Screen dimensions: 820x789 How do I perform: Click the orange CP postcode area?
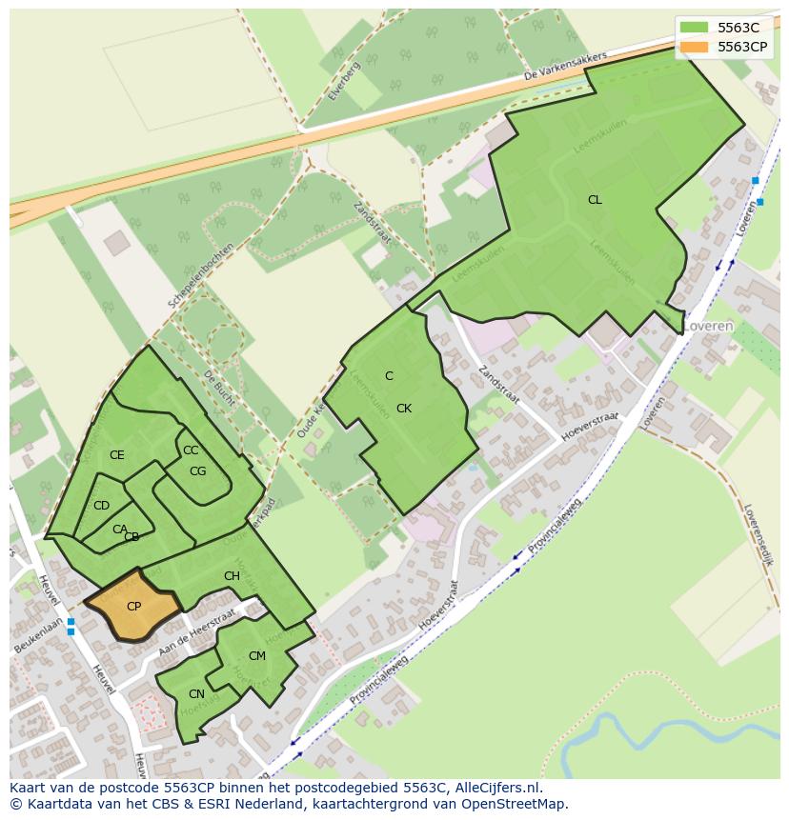133,607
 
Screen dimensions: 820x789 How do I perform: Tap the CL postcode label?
595,200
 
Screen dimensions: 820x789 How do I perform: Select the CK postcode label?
404,409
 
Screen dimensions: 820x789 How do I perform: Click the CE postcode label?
117,455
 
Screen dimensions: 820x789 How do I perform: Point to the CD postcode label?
101,506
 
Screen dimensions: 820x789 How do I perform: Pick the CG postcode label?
198,471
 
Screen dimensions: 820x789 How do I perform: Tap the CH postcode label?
232,576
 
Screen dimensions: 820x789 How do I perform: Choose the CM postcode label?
257,656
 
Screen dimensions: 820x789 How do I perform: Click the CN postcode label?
196,694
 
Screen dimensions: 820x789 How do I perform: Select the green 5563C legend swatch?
695,27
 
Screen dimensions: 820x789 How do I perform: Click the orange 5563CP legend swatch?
695,46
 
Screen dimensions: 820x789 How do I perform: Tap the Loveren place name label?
707,326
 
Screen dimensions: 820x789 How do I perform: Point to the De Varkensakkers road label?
565,68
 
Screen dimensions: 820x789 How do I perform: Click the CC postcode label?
191,450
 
